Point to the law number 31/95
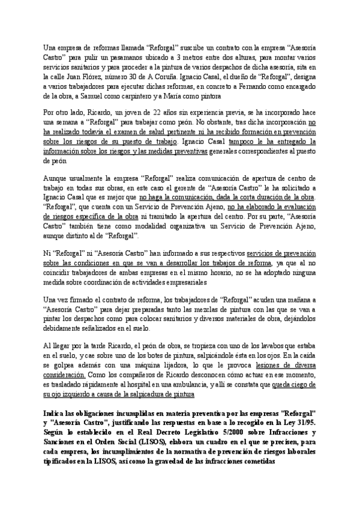pyautogui.click(x=306, y=424)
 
